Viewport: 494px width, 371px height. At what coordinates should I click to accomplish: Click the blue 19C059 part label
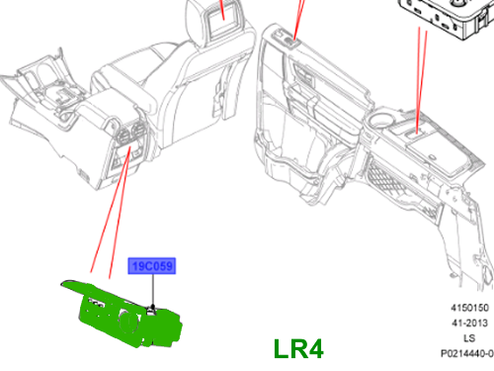pyautogui.click(x=152, y=266)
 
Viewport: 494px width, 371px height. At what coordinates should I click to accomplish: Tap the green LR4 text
pyautogui.click(x=298, y=349)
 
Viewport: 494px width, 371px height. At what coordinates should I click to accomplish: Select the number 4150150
pyautogui.click(x=469, y=308)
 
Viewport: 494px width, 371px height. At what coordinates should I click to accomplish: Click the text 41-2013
pyautogui.click(x=469, y=323)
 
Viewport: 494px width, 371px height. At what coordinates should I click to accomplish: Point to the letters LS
pyautogui.click(x=469, y=338)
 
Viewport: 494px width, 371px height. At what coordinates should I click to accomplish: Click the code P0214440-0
pyautogui.click(x=467, y=353)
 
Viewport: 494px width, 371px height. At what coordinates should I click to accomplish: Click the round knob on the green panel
pyautogui.click(x=127, y=322)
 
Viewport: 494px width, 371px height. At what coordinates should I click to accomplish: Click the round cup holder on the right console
pyautogui.click(x=380, y=120)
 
